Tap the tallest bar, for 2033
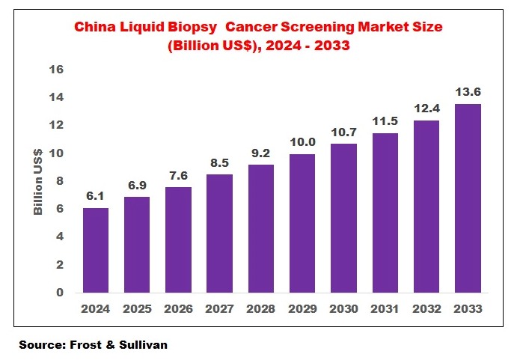tap(468, 198)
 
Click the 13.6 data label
tap(468, 92)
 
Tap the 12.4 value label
tap(427, 108)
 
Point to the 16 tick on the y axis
tap(56, 70)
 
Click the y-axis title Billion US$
tap(37, 181)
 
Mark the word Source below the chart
tap(40, 346)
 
